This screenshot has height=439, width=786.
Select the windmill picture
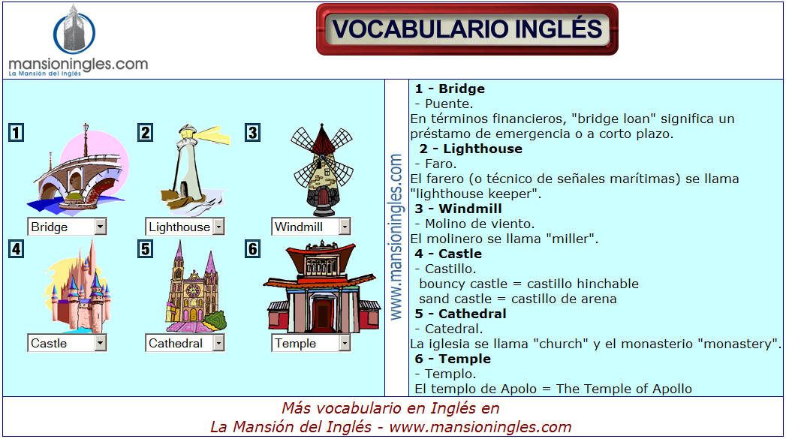pos(323,170)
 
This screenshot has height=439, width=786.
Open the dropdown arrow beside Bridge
pos(101,227)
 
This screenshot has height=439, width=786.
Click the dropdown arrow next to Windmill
pos(345,227)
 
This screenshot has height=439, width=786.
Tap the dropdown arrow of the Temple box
pos(345,343)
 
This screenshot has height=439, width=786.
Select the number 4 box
pos(16,248)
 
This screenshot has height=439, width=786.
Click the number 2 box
pos(146,132)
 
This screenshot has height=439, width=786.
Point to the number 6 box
pos(253,248)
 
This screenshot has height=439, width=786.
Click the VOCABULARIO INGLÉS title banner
pos(467,29)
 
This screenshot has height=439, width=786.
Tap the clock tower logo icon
pos(74,30)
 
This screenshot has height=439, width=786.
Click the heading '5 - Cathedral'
pos(460,314)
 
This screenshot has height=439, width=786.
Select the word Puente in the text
pos(448,104)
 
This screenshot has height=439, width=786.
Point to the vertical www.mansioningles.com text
pos(396,236)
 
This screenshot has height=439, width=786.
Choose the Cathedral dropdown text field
pos(179,343)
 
